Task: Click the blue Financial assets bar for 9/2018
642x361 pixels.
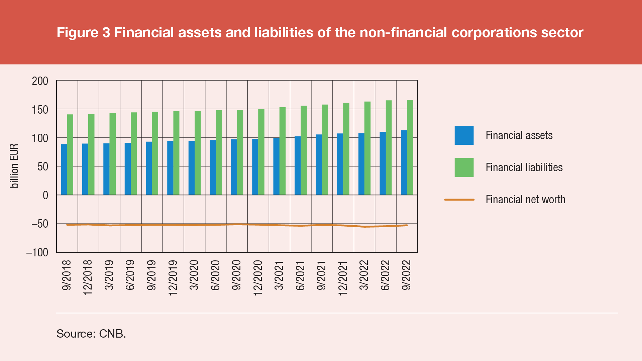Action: pyautogui.click(x=64, y=169)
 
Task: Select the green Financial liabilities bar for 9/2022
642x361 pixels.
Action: pyautogui.click(x=410, y=147)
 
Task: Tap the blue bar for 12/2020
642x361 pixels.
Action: pyautogui.click(x=255, y=167)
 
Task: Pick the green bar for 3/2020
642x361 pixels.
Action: pyautogui.click(x=198, y=153)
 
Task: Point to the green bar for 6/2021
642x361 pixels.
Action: pyautogui.click(x=304, y=150)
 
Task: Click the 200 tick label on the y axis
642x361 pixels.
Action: pyautogui.click(x=40, y=81)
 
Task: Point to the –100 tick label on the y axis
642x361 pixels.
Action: pyautogui.click(x=37, y=252)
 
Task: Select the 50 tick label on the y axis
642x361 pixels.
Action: pyautogui.click(x=43, y=166)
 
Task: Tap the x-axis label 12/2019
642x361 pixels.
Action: pyautogui.click(x=173, y=278)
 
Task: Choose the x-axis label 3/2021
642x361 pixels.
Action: pyautogui.click(x=279, y=275)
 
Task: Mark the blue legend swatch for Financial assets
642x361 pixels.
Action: pyautogui.click(x=464, y=135)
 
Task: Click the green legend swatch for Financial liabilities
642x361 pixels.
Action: pyautogui.click(x=464, y=167)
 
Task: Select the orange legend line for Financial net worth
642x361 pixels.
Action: pyautogui.click(x=459, y=200)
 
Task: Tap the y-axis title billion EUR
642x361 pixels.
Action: pyautogui.click(x=14, y=166)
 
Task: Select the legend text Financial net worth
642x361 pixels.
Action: pyautogui.click(x=525, y=200)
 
